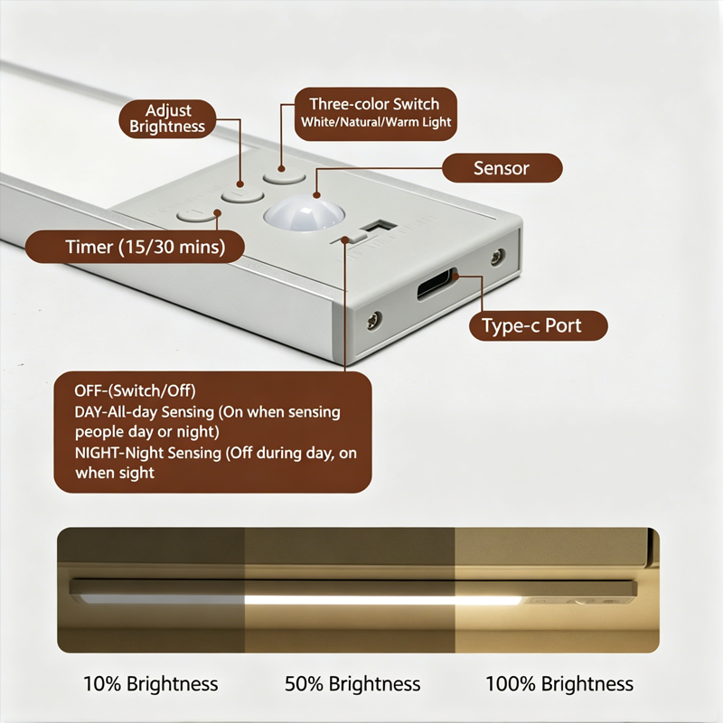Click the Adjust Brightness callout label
[x=167, y=118]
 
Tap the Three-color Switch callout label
[x=375, y=114]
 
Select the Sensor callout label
[x=502, y=168]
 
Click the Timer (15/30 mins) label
[x=135, y=247]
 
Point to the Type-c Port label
[x=538, y=325]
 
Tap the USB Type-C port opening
[x=437, y=285]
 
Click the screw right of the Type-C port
[x=497, y=257]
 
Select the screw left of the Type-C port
[x=373, y=320]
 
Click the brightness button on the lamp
[x=242, y=195]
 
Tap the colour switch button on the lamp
[x=284, y=176]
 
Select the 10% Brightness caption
[x=150, y=683]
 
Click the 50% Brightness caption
[x=352, y=683]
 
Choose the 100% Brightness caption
[x=559, y=683]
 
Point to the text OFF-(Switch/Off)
[x=135, y=391]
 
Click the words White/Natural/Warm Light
[x=376, y=122]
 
